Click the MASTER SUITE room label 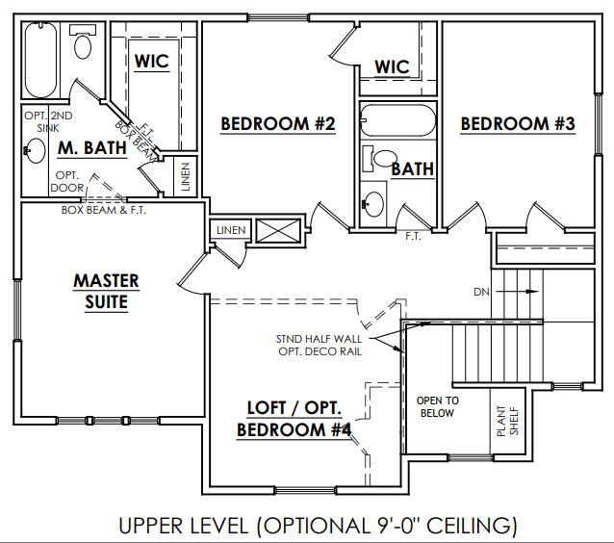coord(106,292)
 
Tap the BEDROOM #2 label coord(278,124)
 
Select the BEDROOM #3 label coord(518,124)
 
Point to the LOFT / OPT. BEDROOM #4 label coord(294,419)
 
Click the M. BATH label coord(92,148)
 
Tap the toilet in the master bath coord(82,41)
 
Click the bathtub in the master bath coord(40,60)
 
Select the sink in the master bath coord(36,150)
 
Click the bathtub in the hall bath coord(397,120)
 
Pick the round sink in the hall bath coord(373,204)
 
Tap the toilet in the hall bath coord(379,159)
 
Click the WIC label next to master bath coord(152,62)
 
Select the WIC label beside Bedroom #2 coord(392,67)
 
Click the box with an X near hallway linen coord(278,231)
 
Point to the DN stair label coord(481,292)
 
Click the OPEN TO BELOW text coord(437,406)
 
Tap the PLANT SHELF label coord(507,421)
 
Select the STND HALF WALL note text coord(319,339)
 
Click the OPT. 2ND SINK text coord(48,122)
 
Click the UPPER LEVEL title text coord(318,526)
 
